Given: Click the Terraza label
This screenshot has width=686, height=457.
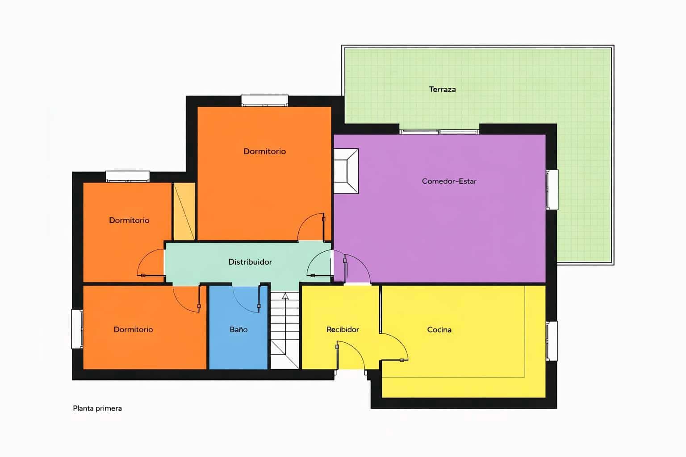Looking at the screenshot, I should click(442, 89).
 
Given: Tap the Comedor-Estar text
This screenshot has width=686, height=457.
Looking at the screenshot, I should click(449, 181).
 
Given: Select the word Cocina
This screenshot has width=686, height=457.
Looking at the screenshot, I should click(439, 330).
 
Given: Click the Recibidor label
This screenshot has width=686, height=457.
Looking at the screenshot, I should click(343, 330).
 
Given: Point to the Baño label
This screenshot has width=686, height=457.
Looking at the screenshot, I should click(238, 330).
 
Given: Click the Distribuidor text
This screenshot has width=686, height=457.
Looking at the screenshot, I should click(250, 262).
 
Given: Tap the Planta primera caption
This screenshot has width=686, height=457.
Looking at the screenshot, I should click(97, 408).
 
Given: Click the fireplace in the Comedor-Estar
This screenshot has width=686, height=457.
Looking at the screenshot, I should click(346, 171).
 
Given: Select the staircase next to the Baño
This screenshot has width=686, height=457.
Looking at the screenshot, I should click(284, 330).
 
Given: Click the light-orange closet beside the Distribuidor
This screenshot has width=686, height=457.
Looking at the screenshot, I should click(184, 211).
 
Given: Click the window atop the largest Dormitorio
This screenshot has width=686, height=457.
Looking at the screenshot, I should click(264, 100).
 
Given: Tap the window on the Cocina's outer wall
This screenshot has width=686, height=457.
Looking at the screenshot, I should click(552, 341).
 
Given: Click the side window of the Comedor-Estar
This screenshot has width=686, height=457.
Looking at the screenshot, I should click(552, 189).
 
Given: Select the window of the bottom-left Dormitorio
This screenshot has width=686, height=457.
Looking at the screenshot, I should click(77, 329).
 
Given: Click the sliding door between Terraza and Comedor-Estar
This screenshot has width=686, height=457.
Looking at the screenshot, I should click(439, 132).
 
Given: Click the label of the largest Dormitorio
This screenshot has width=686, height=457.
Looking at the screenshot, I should click(264, 151).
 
